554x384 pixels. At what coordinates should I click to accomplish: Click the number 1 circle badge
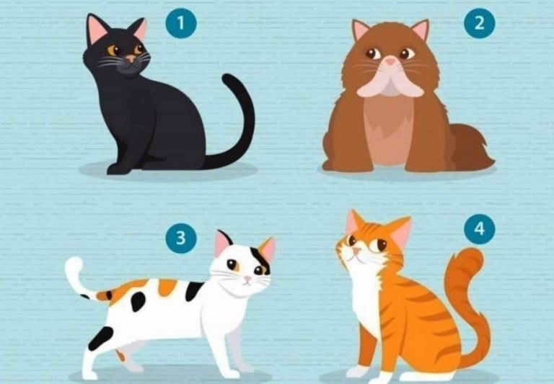click(181, 23)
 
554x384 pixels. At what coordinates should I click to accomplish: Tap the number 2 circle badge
click(479, 23)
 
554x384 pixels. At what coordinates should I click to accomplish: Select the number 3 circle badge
click(181, 238)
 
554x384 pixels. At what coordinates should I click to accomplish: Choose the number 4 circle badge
click(479, 228)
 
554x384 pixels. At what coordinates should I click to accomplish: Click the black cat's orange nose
click(131, 58)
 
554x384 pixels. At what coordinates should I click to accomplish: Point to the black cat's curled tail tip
click(229, 79)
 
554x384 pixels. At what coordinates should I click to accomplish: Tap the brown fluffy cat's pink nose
click(390, 61)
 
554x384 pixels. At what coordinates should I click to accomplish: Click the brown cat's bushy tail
click(472, 148)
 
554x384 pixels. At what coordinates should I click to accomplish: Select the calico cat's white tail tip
click(73, 267)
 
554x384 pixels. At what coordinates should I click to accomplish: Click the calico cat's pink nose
click(248, 280)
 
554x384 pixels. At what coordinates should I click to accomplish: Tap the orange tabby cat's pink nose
click(356, 250)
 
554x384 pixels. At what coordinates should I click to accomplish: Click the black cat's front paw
click(118, 169)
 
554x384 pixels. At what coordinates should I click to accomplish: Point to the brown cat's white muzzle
click(390, 82)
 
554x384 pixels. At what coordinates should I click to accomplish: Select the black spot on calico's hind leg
click(101, 338)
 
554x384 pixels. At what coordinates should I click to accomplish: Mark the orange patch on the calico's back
click(167, 287)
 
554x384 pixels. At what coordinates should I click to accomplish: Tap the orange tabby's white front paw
click(358, 371)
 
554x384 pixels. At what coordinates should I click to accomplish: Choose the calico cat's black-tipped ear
click(224, 243)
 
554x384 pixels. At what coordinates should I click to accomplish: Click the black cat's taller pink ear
click(97, 30)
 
